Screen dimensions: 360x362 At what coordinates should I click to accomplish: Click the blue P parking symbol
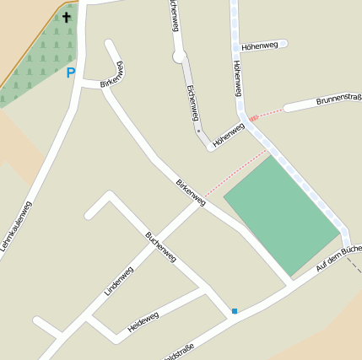71,73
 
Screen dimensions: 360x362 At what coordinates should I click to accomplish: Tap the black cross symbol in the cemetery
67,16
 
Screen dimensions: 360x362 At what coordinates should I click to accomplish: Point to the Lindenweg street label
119,281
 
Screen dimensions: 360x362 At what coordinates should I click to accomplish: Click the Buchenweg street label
160,246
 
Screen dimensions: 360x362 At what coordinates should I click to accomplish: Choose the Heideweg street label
143,321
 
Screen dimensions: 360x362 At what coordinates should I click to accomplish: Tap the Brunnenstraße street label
338,100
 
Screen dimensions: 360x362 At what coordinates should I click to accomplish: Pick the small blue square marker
235,311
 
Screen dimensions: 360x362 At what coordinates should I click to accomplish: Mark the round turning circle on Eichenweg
179,56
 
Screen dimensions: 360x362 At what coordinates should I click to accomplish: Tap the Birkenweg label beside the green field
191,192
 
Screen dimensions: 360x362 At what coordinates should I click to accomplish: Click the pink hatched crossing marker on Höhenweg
252,118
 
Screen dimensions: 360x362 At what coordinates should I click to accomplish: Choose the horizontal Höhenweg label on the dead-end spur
258,46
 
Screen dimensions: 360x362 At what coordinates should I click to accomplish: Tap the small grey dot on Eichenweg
198,131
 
